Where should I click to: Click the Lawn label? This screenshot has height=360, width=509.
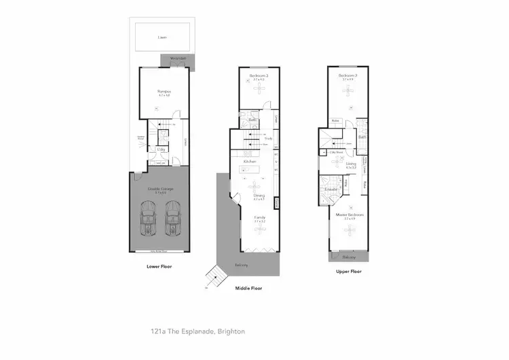(x=162, y=37)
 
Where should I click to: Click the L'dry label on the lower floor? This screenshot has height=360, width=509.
(x=162, y=149)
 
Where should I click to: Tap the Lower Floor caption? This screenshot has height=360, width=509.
(x=159, y=266)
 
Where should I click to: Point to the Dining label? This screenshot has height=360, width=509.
(x=259, y=196)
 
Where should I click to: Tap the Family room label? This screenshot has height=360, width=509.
(x=259, y=217)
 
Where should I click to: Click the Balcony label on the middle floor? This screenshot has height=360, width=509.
(x=242, y=265)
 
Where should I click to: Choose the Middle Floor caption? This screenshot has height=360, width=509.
(x=248, y=288)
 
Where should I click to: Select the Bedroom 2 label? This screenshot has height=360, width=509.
(x=347, y=75)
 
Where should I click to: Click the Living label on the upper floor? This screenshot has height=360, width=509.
(x=351, y=164)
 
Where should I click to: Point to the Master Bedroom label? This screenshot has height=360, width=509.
(x=350, y=215)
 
